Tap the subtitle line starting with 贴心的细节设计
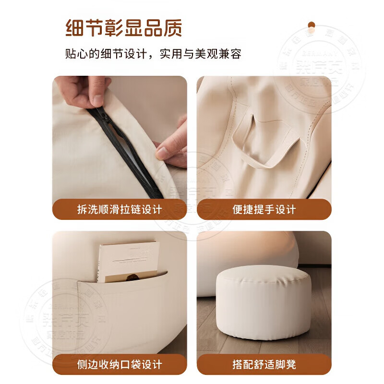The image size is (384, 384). (x=153, y=53)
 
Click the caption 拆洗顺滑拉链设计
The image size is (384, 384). (x=120, y=209)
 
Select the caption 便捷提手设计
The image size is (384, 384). (x=264, y=209)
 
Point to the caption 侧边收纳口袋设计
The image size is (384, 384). (x=120, y=364)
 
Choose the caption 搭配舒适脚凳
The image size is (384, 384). (x=264, y=364)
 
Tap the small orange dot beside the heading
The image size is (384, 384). (x=312, y=24)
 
